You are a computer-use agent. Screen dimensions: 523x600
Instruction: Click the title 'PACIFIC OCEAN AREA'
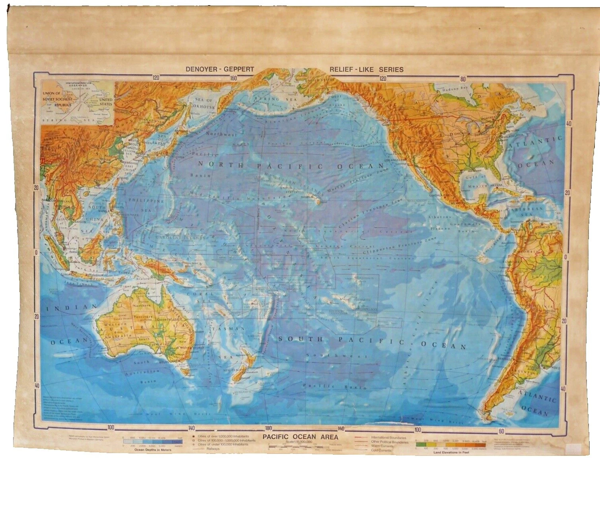(300, 437)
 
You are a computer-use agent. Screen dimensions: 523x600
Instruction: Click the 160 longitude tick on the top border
(233, 78)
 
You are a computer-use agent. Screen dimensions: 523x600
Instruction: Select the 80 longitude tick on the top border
(462, 79)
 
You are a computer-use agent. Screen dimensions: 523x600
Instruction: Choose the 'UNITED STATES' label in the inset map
(106, 102)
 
